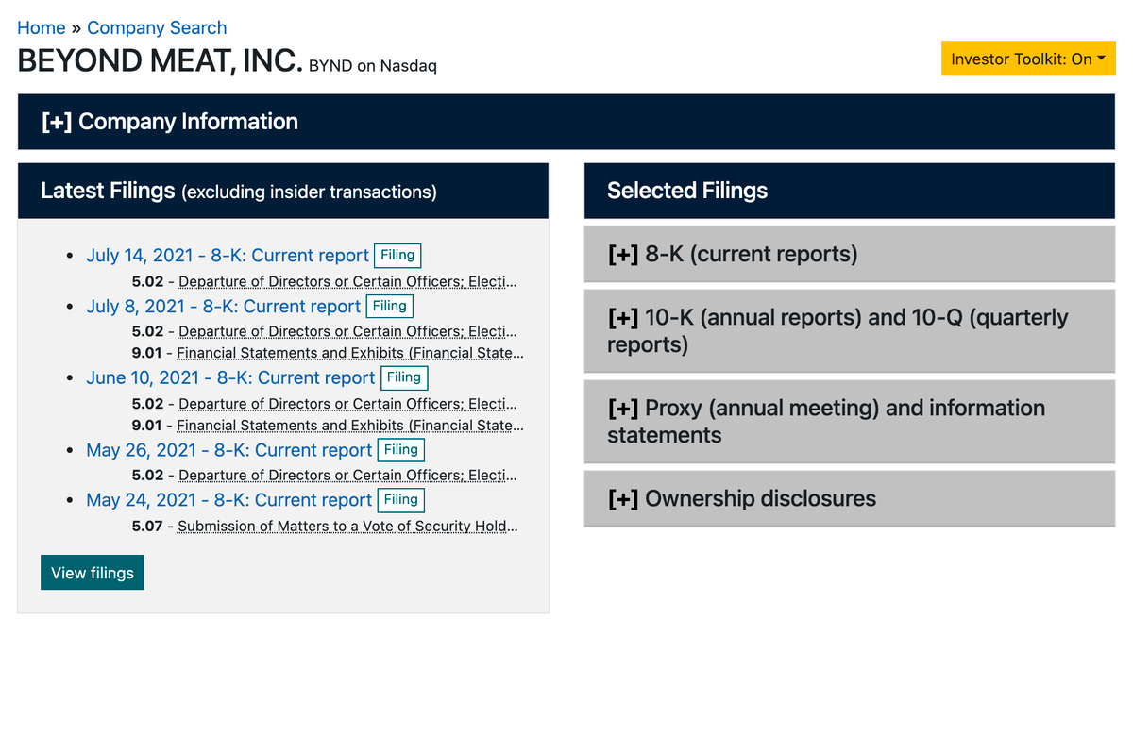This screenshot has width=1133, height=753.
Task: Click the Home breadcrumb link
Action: [41, 27]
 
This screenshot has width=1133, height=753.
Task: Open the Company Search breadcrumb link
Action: [157, 27]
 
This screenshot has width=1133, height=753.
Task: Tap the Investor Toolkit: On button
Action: [1028, 59]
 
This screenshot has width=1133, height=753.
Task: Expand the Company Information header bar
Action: [566, 122]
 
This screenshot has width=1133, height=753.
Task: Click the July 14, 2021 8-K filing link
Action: [228, 255]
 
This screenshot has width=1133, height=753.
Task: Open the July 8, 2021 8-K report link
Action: [223, 307]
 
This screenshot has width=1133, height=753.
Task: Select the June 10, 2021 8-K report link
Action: [230, 377]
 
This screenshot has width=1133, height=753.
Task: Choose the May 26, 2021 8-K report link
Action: [228, 450]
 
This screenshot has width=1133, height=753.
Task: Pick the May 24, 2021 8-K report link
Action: [228, 500]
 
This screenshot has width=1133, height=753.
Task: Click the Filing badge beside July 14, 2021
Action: [397, 255]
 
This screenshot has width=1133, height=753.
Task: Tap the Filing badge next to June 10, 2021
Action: [404, 377]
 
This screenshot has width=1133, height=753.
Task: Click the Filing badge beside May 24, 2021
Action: [401, 500]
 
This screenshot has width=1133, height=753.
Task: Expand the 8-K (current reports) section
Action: [849, 254]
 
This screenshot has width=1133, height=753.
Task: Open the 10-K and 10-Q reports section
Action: [849, 331]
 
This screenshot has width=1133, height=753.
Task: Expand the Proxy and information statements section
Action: [849, 422]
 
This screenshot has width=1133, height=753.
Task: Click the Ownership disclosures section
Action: [849, 498]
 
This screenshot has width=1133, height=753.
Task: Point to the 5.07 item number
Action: [147, 527]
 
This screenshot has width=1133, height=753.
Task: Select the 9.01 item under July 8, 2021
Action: [146, 353]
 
